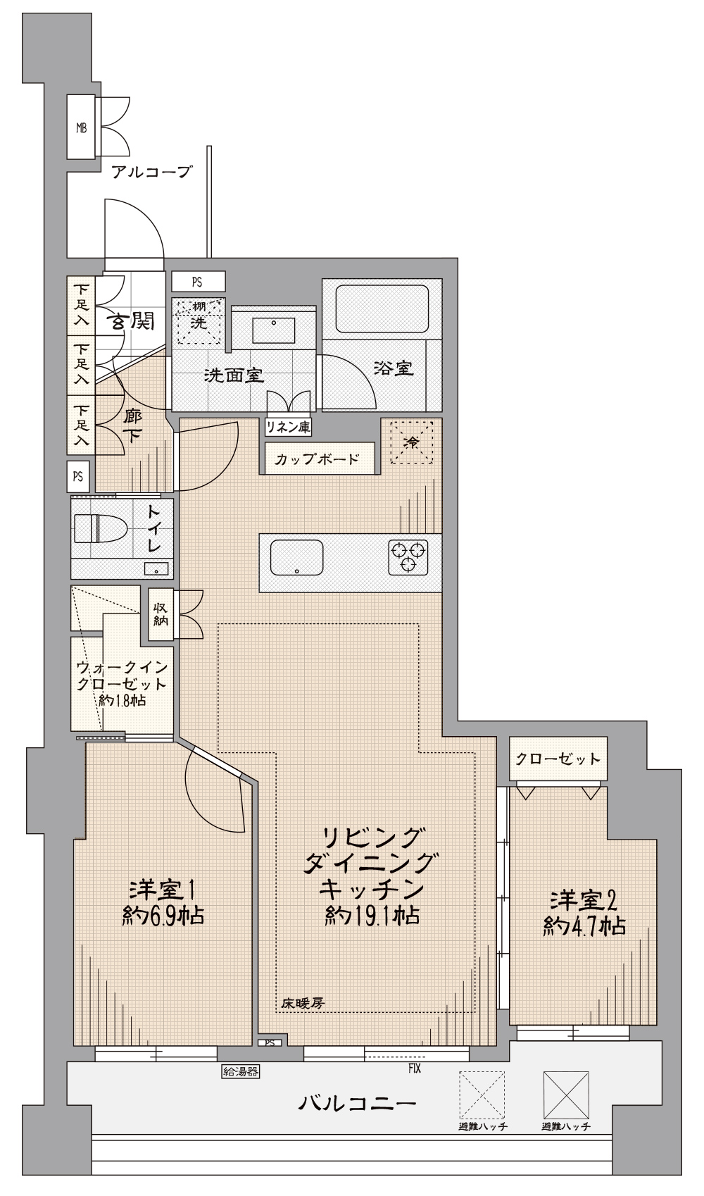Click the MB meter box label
click(81, 128)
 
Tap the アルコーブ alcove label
click(151, 172)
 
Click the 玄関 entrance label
click(134, 321)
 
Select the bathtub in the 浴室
click(382, 308)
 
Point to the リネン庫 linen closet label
click(288, 427)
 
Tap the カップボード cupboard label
click(317, 459)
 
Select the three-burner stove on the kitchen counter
click(408, 557)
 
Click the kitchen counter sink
click(297, 557)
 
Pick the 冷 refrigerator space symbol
click(412, 442)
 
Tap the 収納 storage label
click(160, 614)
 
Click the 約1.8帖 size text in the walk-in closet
click(122, 701)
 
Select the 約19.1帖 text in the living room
click(372, 915)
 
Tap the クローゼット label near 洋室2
click(558, 759)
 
